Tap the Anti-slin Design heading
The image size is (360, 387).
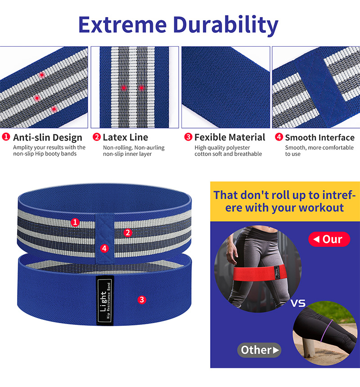[x=47, y=137]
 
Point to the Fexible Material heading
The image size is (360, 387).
[x=229, y=137]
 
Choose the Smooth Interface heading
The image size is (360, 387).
[x=319, y=137]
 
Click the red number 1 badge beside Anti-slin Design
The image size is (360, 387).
[x=6, y=137]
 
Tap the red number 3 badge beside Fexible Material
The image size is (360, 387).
[x=189, y=137]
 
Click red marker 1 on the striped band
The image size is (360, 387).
[x=75, y=222]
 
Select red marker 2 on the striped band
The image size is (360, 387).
[x=128, y=232]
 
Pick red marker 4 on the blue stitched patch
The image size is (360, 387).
[x=104, y=248]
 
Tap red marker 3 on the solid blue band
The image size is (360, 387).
[x=142, y=299]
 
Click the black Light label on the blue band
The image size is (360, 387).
[x=105, y=300]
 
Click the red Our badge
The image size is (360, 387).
[x=329, y=239]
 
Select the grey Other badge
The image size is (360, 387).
[x=259, y=350]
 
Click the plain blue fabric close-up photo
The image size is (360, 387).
[x=225, y=87]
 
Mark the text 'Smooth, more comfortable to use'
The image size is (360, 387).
[x=319, y=151]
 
